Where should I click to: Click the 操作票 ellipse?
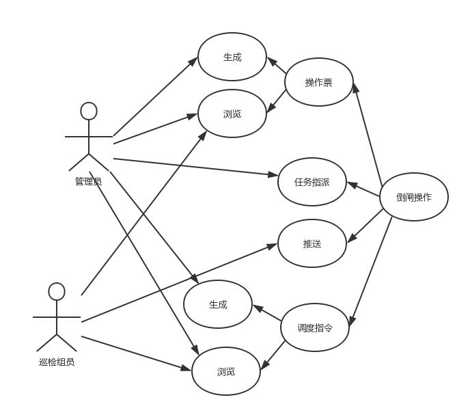[318, 83]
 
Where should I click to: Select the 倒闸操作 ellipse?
[413, 197]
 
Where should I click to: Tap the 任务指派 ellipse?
[312, 182]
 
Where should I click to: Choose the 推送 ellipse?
[312, 243]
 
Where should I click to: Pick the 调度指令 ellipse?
[315, 327]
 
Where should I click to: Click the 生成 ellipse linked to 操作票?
[232, 57]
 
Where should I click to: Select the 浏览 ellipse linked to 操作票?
[232, 113]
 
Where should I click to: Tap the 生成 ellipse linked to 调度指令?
[217, 304]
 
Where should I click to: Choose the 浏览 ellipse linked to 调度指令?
[225, 371]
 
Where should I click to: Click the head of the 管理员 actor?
[88, 111]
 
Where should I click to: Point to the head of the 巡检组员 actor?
[57, 292]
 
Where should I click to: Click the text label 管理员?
[88, 182]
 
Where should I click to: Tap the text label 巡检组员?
[57, 362]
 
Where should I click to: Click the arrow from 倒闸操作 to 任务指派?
[363, 189]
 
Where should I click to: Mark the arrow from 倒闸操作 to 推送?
[365, 226]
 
